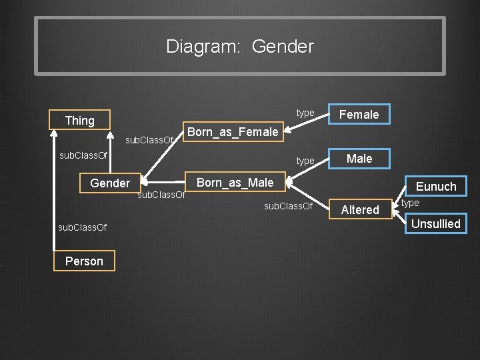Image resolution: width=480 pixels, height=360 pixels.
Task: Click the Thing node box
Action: point(80,121)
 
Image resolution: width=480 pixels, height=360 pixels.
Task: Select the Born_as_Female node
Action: point(232,132)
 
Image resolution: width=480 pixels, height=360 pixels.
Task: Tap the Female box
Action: point(359,115)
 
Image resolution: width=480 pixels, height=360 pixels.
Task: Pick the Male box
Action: point(359,159)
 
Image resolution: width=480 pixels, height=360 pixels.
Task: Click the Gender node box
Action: point(110,183)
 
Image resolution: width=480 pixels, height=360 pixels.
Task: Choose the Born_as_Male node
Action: point(235,183)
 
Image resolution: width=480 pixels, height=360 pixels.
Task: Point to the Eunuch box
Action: point(436,187)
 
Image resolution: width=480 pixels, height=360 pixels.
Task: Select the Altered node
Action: point(360,210)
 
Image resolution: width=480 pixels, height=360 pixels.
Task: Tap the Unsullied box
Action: point(435,224)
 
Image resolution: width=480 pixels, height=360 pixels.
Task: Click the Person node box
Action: point(84,261)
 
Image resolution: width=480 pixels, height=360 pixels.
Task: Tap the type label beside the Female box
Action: point(305,113)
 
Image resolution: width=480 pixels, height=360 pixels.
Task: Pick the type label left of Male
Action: point(305,161)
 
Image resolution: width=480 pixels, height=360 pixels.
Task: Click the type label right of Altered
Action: point(411,203)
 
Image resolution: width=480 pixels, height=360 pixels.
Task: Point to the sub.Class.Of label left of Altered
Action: point(288,206)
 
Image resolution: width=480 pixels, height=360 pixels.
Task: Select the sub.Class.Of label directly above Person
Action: point(82,228)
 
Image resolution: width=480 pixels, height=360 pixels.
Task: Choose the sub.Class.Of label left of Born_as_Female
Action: point(149,141)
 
